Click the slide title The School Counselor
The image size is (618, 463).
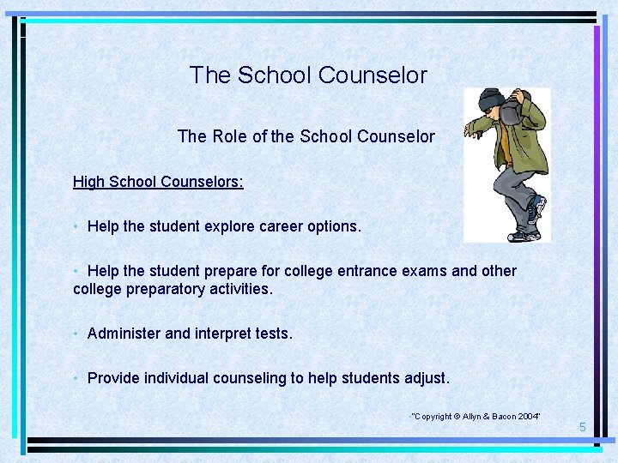tap(308, 75)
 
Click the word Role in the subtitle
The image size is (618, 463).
tap(229, 136)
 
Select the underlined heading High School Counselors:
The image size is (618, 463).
tap(158, 182)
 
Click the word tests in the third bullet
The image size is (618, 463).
tap(274, 334)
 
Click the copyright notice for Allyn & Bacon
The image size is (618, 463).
tap(476, 416)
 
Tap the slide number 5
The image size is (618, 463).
tap(582, 427)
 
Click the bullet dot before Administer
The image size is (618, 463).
tap(77, 334)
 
